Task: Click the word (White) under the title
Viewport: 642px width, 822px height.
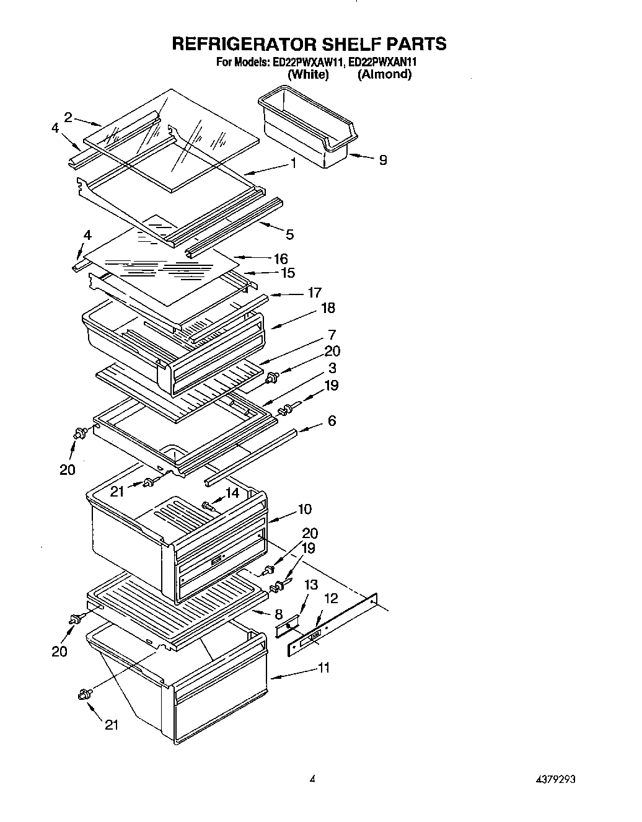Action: pyautogui.click(x=308, y=74)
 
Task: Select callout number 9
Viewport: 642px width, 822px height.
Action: pyautogui.click(x=382, y=160)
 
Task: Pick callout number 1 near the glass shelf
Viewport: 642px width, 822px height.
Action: pyautogui.click(x=292, y=164)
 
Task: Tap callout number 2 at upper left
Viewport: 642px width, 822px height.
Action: pyautogui.click(x=68, y=117)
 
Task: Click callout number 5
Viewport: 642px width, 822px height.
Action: pyautogui.click(x=290, y=234)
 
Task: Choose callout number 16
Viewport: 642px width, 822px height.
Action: pyautogui.click(x=281, y=259)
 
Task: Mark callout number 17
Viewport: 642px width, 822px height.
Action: pyautogui.click(x=314, y=293)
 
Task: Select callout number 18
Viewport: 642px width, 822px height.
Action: pyautogui.click(x=328, y=308)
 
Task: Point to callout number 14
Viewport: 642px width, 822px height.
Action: pyautogui.click(x=232, y=493)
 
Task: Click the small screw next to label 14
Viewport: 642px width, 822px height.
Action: pyautogui.click(x=208, y=506)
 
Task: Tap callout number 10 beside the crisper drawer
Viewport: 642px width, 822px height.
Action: pyautogui.click(x=304, y=509)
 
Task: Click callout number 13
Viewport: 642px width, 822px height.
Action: pyautogui.click(x=310, y=585)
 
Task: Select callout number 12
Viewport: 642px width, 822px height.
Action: pyautogui.click(x=332, y=598)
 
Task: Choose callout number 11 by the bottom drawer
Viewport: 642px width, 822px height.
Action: pyautogui.click(x=323, y=668)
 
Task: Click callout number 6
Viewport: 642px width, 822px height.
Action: pyautogui.click(x=332, y=421)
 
